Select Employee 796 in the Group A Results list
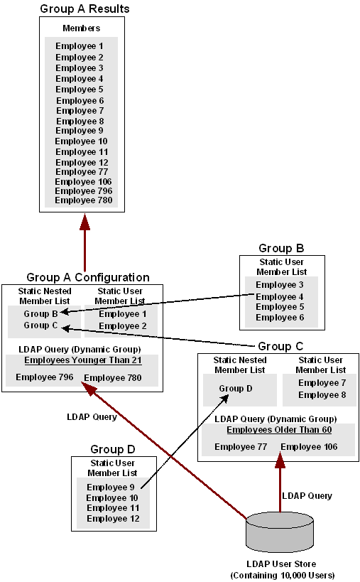(x=83, y=190)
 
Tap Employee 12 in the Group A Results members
(x=81, y=163)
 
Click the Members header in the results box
(x=81, y=28)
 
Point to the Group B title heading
(x=281, y=248)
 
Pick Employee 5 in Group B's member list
(x=280, y=307)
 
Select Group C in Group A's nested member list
(x=36, y=325)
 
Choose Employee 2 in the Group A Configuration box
(x=119, y=326)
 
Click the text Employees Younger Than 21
(x=83, y=360)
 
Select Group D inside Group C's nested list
(x=235, y=389)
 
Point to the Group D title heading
(x=112, y=449)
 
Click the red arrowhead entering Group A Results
(x=85, y=221)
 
